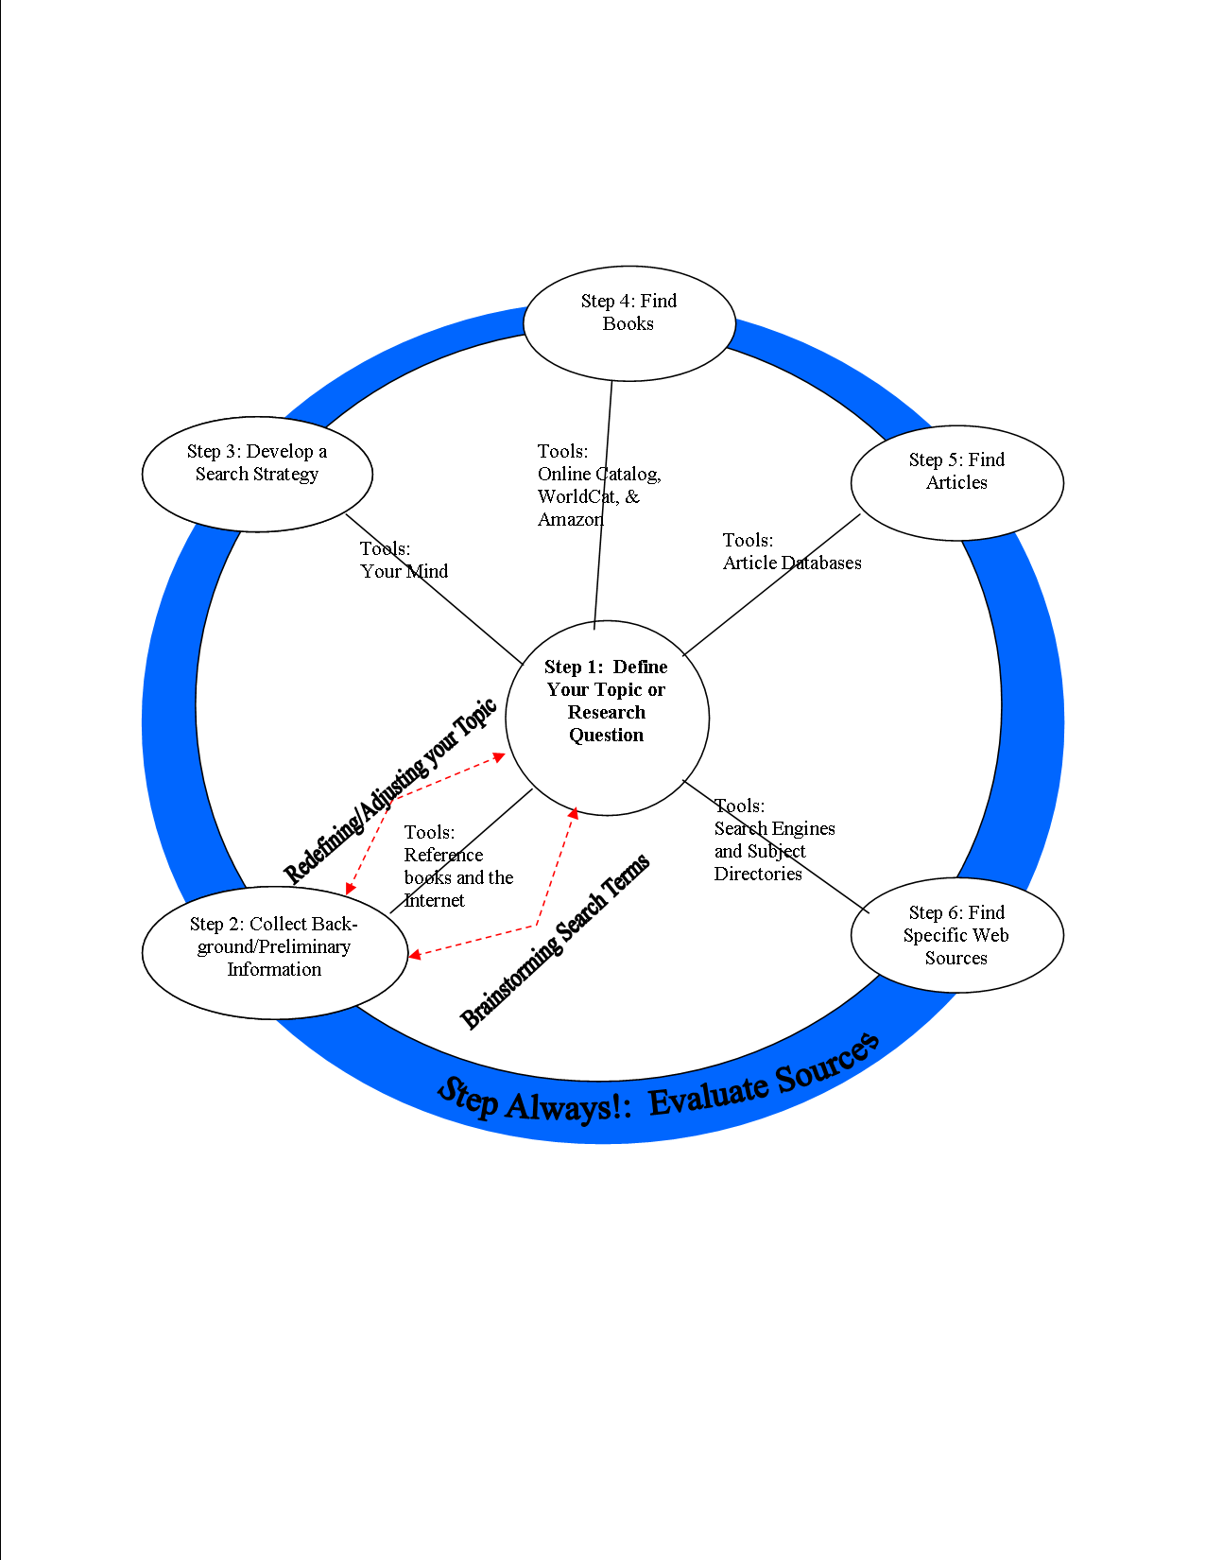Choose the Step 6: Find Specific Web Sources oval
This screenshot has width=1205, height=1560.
pos(956,935)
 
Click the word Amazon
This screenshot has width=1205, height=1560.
pos(570,519)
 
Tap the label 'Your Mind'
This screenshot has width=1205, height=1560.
pos(404,571)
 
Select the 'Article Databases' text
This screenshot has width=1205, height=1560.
pos(792,563)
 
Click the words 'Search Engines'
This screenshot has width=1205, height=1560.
pos(774,828)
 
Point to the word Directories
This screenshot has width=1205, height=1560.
pos(758,874)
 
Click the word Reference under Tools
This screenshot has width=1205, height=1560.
pos(443,855)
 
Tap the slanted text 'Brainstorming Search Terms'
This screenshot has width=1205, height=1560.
pos(555,942)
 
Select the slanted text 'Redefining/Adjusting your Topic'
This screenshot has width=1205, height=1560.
pos(389,792)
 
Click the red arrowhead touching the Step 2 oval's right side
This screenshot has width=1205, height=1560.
pos(414,956)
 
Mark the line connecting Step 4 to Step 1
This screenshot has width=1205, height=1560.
pos(603,501)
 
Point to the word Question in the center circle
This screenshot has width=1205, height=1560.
pos(606,735)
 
